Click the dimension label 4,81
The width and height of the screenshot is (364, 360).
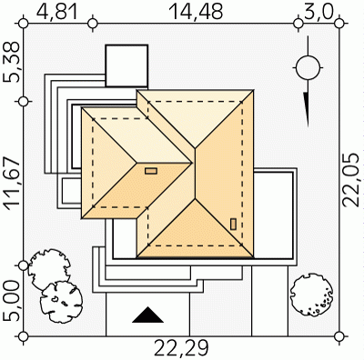[57, 12]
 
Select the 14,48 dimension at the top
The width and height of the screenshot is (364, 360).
[196, 12]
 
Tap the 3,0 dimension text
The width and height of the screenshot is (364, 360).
[318, 12]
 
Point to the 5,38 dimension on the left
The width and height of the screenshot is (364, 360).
[12, 62]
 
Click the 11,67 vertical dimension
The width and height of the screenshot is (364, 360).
[12, 184]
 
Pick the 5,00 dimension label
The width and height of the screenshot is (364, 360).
[12, 301]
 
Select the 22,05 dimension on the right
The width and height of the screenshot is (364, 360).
[352, 180]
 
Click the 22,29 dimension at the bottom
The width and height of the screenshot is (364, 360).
[182, 348]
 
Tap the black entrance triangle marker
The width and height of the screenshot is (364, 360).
[147, 315]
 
